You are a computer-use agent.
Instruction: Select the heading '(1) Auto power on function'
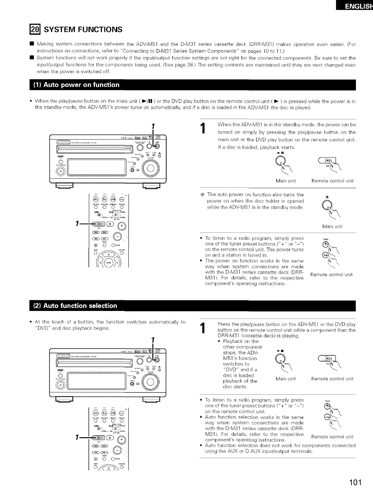tap(77, 85)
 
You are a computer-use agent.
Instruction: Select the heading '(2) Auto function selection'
tap(76, 306)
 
